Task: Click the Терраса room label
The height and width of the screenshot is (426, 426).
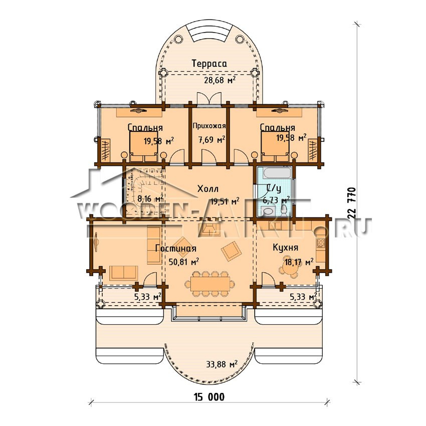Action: (209, 64)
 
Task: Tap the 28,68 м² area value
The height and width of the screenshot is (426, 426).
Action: (220, 80)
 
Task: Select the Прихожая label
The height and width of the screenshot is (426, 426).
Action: (209, 126)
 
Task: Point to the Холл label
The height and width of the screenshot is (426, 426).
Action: (208, 188)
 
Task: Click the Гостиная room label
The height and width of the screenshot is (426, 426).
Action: (176, 248)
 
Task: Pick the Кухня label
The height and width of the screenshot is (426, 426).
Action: (285, 248)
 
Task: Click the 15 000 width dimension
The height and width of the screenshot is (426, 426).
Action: (209, 397)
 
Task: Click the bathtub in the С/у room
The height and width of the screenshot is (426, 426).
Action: (274, 173)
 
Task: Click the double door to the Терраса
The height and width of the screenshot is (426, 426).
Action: (209, 98)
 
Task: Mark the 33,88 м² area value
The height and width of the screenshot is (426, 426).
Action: (222, 364)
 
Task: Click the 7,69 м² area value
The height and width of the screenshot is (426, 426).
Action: (211, 140)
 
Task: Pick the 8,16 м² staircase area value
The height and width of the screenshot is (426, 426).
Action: (150, 198)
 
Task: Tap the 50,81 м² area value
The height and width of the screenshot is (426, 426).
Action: (183, 262)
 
